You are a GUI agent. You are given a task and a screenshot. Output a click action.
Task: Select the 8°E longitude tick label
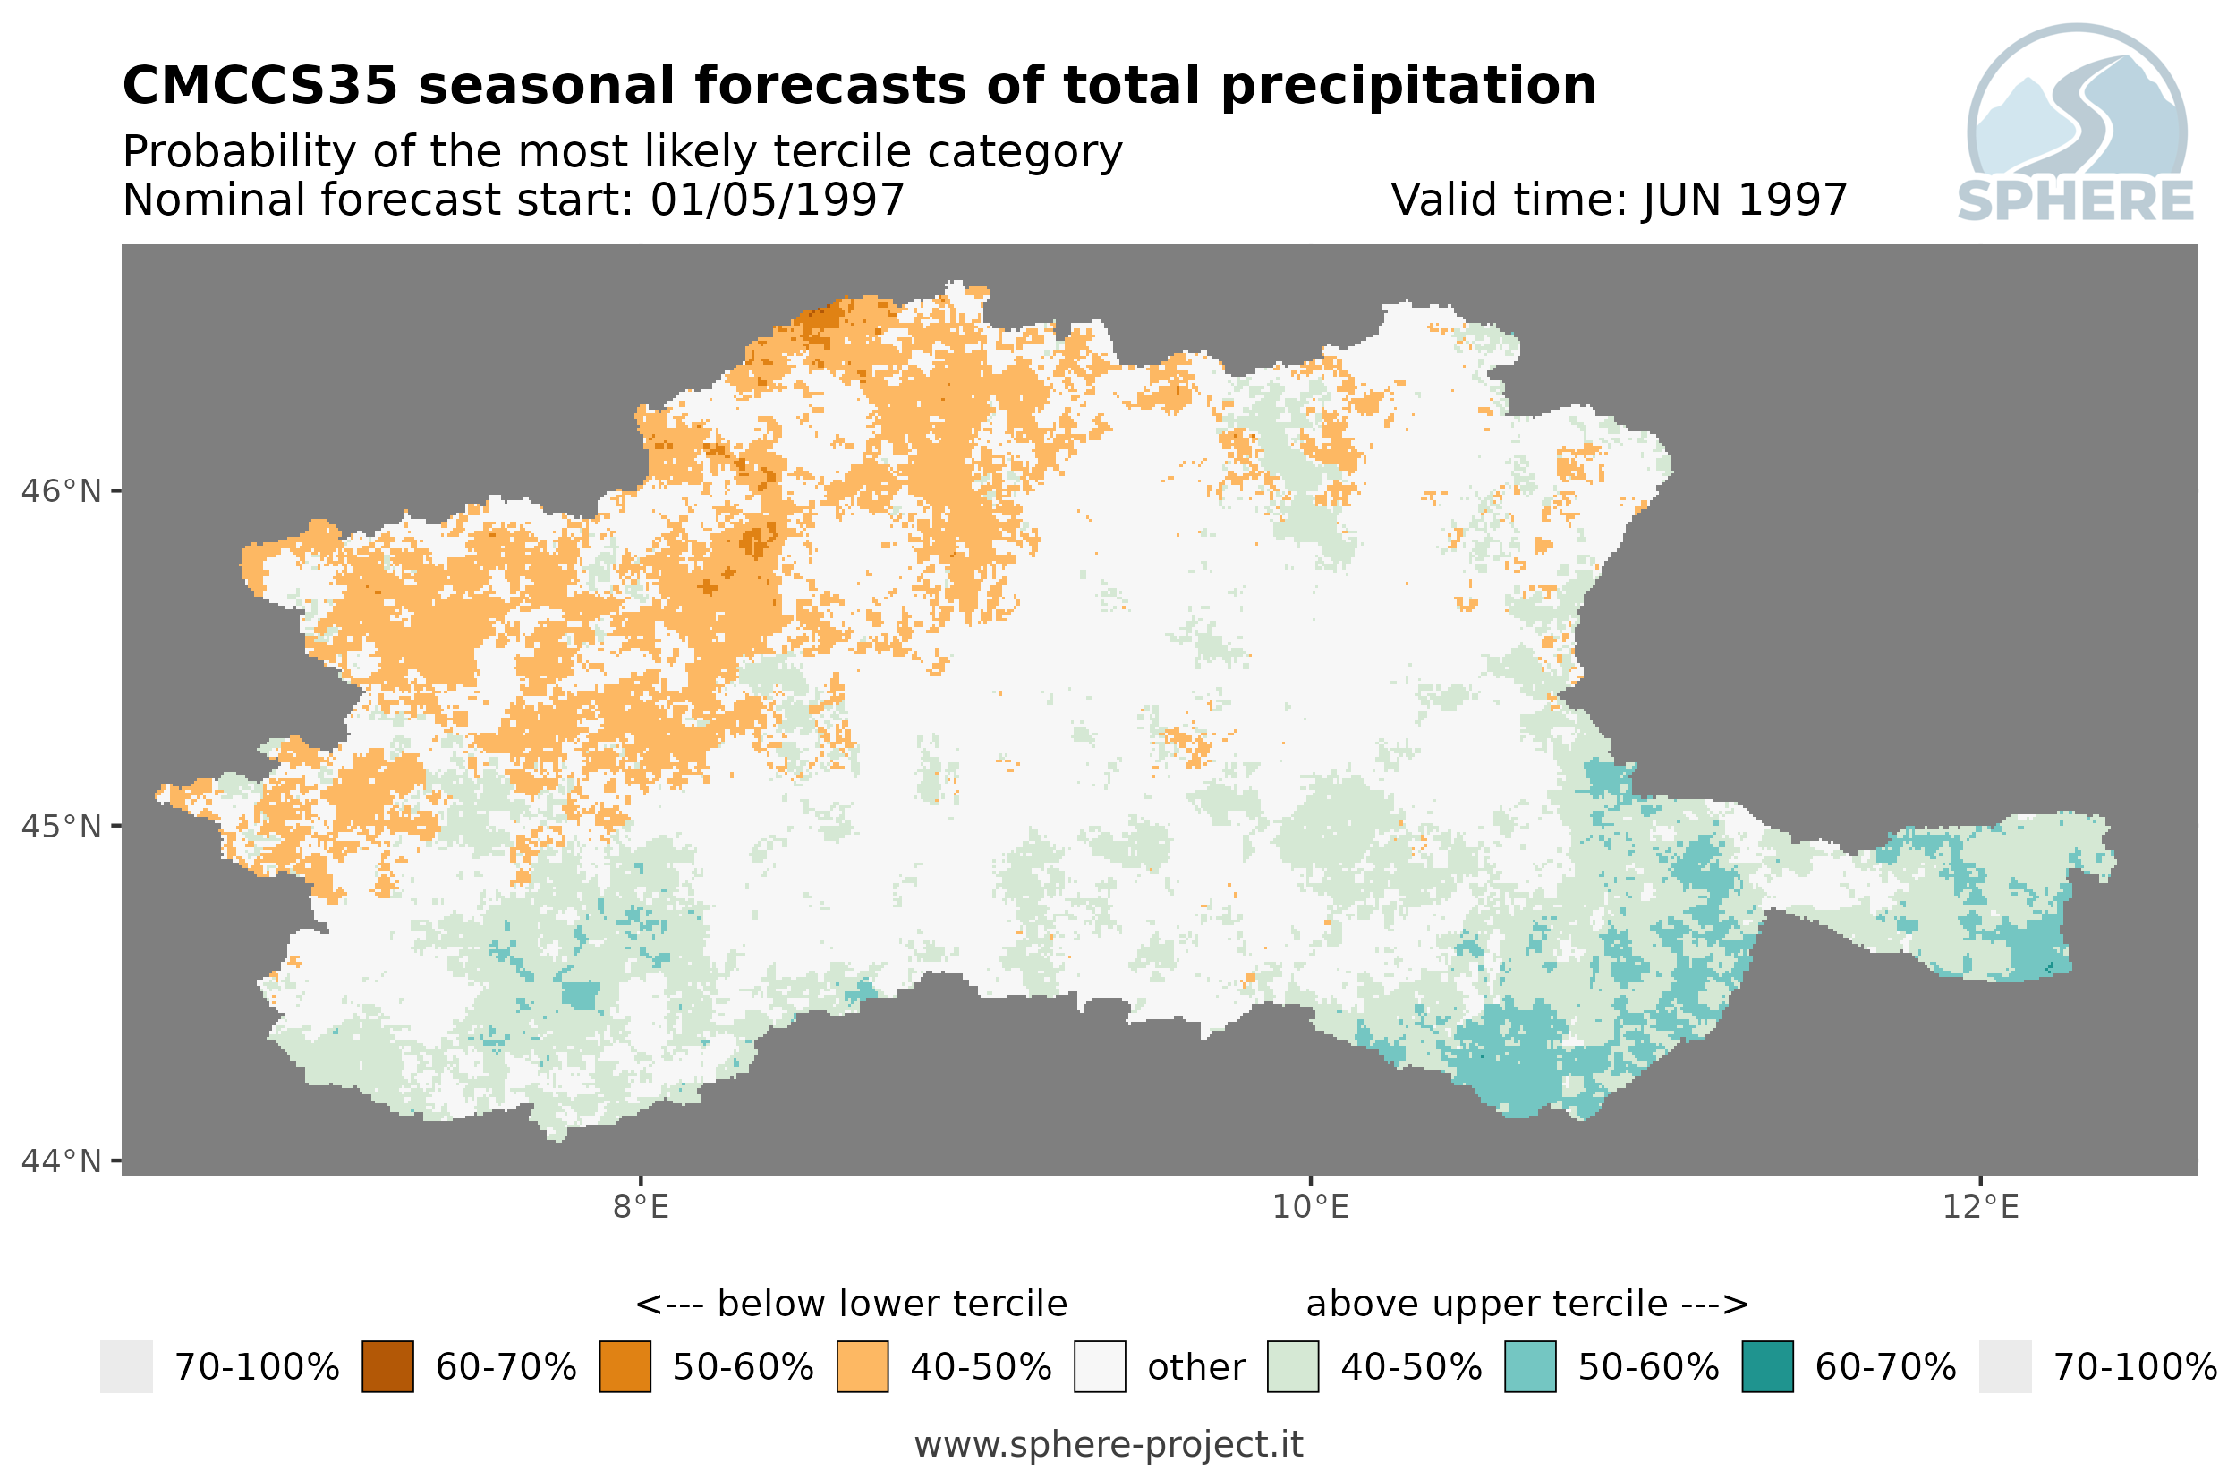click(x=642, y=1207)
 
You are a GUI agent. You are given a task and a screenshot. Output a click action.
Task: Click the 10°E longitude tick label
click(x=1311, y=1207)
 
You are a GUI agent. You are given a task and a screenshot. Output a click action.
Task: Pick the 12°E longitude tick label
click(x=1980, y=1207)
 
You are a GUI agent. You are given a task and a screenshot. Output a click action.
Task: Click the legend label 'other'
click(x=1195, y=1368)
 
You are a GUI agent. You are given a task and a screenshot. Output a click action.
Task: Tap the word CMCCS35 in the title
click(x=260, y=86)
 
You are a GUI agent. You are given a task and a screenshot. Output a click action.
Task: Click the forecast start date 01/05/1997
click(x=777, y=200)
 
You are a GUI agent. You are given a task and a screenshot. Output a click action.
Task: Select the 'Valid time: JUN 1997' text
click(x=1619, y=200)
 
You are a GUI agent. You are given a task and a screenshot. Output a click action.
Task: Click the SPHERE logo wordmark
click(x=2076, y=201)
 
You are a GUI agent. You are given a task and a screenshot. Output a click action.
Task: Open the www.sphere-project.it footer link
click(x=1109, y=1445)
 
